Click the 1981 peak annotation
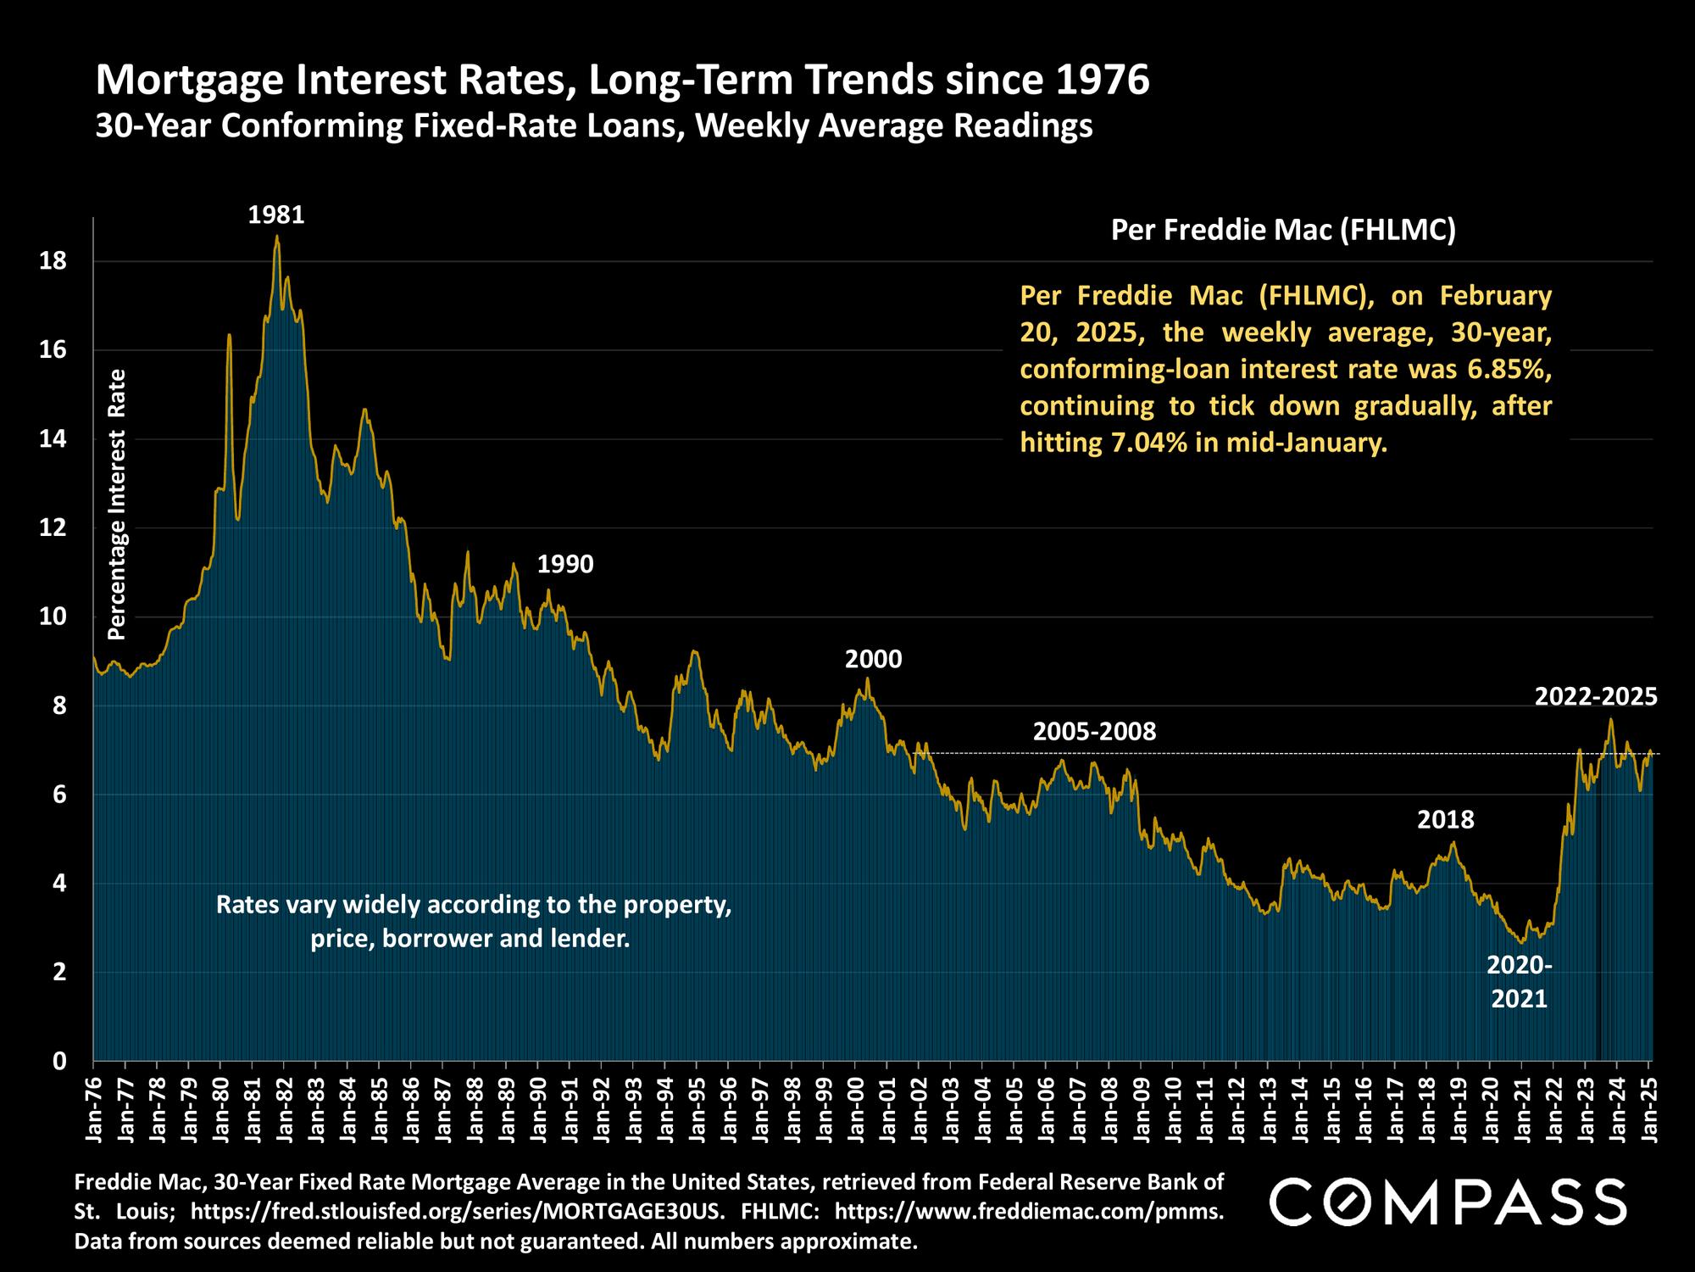pyautogui.click(x=275, y=215)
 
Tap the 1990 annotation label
pyautogui.click(x=565, y=564)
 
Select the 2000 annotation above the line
pyautogui.click(x=873, y=659)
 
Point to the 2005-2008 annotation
pyautogui.click(x=1094, y=731)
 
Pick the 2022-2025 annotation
pyautogui.click(x=1595, y=697)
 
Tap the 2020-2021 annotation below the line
pyautogui.click(x=1520, y=982)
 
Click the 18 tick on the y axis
pyautogui.click(x=53, y=261)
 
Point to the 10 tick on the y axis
pyautogui.click(x=53, y=616)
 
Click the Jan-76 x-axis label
pyautogui.click(x=93, y=1106)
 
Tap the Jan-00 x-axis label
pyautogui.click(x=855, y=1106)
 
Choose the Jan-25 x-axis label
pyautogui.click(x=1648, y=1106)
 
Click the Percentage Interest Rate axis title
pyautogui.click(x=117, y=505)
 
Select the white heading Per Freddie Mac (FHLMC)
pyautogui.click(x=1283, y=230)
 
